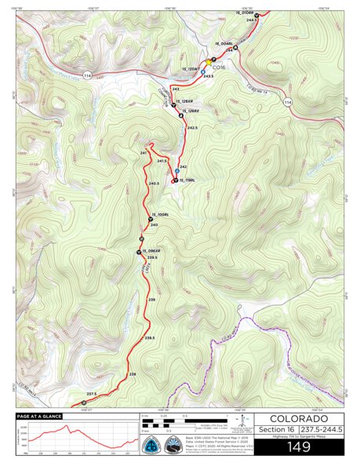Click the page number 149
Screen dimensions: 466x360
click(x=300, y=448)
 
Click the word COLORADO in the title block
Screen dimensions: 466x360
click(x=300, y=419)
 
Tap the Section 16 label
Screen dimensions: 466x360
click(x=275, y=429)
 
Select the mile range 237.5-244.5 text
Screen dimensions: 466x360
click(x=322, y=429)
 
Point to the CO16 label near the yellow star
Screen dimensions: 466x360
click(x=218, y=67)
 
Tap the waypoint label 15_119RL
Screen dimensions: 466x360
click(x=187, y=180)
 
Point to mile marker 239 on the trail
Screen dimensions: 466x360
click(x=151, y=300)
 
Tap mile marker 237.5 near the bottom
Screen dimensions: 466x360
click(x=90, y=393)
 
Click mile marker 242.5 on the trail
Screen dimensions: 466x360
click(x=191, y=127)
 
